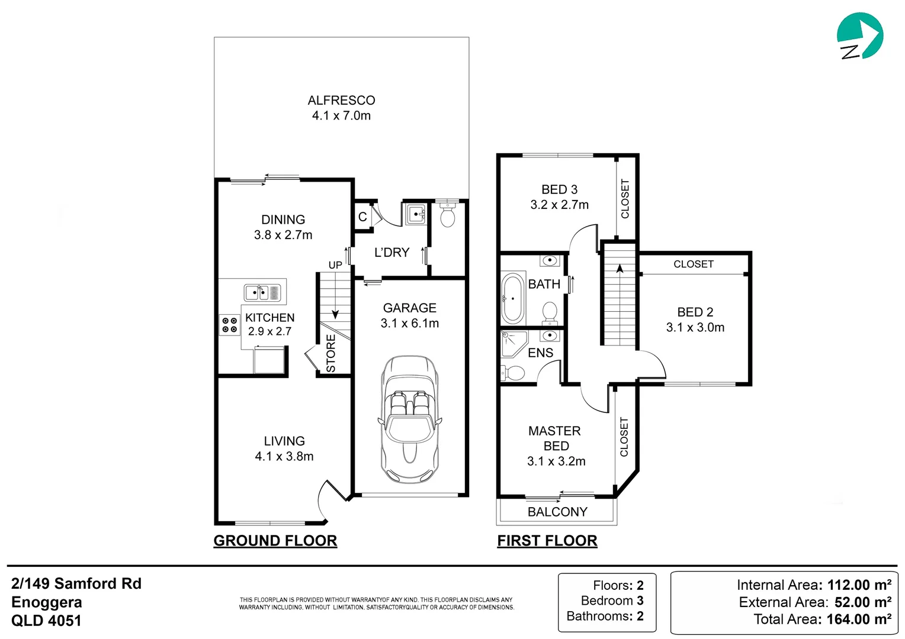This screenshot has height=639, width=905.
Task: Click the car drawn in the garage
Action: (x=409, y=420)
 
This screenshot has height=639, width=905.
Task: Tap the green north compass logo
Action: (x=860, y=36)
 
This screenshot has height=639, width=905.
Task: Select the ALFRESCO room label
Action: (x=341, y=101)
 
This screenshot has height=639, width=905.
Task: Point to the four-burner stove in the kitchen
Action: (x=229, y=325)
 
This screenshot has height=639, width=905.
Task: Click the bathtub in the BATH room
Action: (x=513, y=299)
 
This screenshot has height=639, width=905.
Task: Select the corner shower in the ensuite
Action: (x=513, y=344)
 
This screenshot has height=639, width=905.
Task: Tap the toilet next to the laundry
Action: (x=448, y=215)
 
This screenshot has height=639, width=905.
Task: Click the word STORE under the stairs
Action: (x=331, y=353)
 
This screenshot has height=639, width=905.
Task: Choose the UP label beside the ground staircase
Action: (x=335, y=265)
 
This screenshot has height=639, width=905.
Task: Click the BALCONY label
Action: (x=557, y=512)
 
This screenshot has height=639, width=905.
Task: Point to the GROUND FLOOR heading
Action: (x=275, y=541)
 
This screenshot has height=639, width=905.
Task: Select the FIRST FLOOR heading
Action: (x=547, y=541)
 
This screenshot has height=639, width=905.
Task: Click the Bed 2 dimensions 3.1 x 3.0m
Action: (x=695, y=328)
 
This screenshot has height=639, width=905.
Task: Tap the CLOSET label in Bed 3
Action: (x=625, y=199)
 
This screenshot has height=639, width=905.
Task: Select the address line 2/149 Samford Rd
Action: (x=76, y=583)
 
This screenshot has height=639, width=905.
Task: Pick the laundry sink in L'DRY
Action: (x=416, y=214)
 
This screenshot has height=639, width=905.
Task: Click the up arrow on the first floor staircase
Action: (x=620, y=270)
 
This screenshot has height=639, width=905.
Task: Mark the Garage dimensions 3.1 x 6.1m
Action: (x=410, y=324)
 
